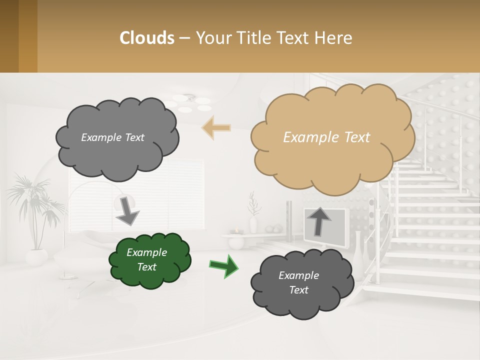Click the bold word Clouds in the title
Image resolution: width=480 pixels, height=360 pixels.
(147, 37)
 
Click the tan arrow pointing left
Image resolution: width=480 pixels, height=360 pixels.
(216, 127)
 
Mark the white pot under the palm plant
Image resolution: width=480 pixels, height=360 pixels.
(36, 257)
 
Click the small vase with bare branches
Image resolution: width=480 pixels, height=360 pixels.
(253, 215)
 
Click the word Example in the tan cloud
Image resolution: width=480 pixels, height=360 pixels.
(307, 137)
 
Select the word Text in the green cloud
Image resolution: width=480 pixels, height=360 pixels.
(146, 267)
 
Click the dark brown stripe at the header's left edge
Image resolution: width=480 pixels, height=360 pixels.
(9, 36)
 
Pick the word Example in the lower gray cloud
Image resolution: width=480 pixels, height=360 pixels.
(298, 275)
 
